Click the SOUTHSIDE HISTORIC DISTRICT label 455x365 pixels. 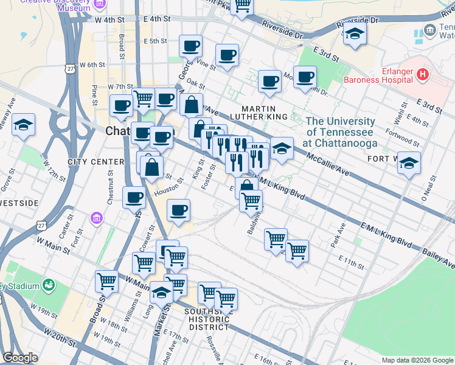pos(209,319)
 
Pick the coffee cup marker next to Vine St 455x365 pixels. pos(227,56)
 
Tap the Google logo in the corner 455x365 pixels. pos(20,357)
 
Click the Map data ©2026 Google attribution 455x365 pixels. pos(417,360)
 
